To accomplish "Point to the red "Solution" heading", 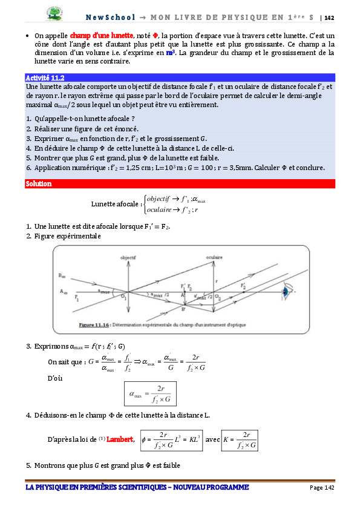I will (39, 183).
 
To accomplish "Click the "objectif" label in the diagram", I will (128, 258).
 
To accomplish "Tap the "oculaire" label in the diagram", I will (212, 258).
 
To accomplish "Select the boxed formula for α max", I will (151, 393).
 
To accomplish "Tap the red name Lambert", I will (120, 439).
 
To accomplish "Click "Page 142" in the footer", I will (321, 488).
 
